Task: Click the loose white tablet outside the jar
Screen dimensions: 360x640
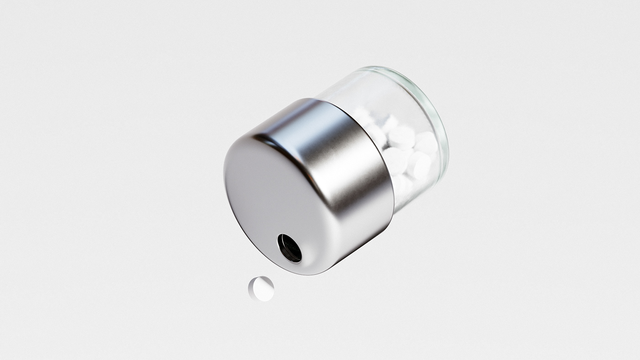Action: (261, 288)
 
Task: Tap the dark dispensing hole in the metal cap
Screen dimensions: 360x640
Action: (289, 248)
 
